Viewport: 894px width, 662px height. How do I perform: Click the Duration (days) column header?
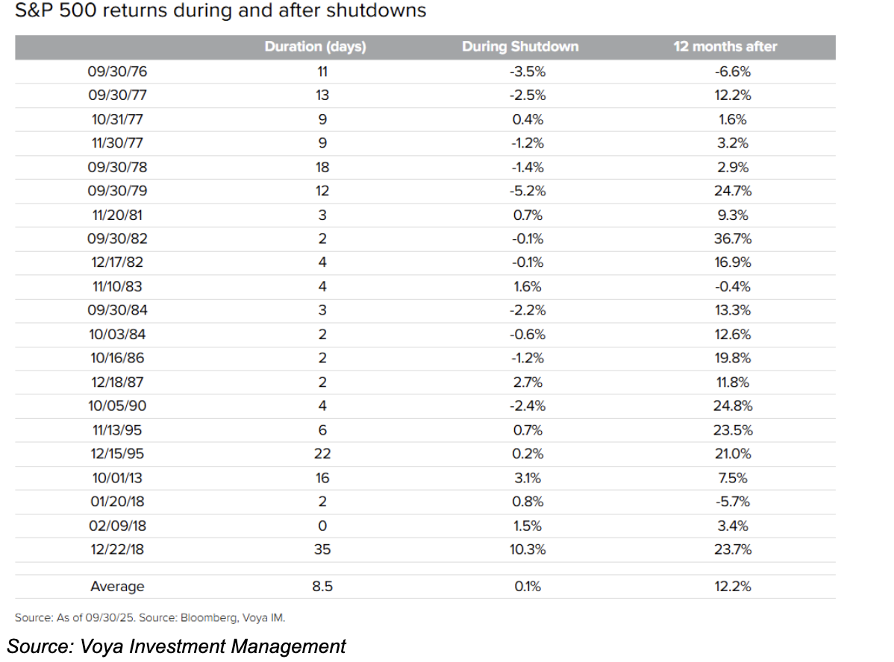click(x=315, y=47)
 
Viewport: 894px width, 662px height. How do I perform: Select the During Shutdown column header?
click(x=520, y=47)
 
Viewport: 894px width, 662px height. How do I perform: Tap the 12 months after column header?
click(x=725, y=47)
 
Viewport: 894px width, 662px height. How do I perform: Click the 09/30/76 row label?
click(x=117, y=72)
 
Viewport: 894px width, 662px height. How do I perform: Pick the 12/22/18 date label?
click(x=117, y=549)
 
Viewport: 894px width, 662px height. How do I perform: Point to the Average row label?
click(x=117, y=587)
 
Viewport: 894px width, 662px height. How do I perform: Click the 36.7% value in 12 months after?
click(x=732, y=239)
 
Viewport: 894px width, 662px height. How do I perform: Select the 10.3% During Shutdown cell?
click(x=527, y=549)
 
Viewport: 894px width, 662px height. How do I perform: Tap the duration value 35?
click(x=322, y=549)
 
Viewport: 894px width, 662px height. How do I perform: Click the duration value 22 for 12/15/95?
click(x=322, y=454)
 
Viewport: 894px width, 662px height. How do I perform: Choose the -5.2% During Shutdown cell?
click(x=527, y=191)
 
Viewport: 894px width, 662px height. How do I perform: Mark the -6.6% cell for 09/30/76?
click(x=732, y=72)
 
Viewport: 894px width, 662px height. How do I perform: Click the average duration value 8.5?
click(x=322, y=587)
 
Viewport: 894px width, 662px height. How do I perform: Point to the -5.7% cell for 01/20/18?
click(x=732, y=502)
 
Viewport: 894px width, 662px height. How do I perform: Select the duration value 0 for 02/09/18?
click(x=322, y=526)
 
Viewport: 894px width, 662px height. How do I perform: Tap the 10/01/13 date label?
click(x=117, y=478)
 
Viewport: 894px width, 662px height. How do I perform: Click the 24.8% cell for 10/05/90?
click(x=732, y=406)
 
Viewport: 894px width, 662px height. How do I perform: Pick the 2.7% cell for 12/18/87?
click(x=527, y=382)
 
